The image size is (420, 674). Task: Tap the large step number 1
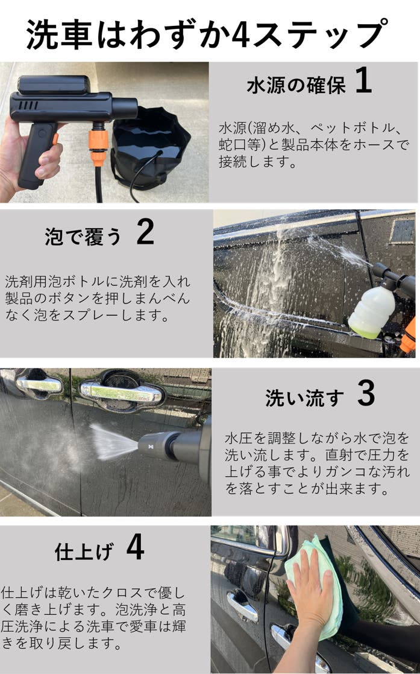click(x=363, y=80)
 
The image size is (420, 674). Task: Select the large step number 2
click(x=145, y=232)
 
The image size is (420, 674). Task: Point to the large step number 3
click(x=366, y=393)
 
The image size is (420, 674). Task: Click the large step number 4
click(x=135, y=547)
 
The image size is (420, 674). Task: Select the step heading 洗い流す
click(x=304, y=398)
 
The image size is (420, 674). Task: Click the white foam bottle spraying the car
click(x=371, y=311)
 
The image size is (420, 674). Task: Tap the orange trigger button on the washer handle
click(x=55, y=139)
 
